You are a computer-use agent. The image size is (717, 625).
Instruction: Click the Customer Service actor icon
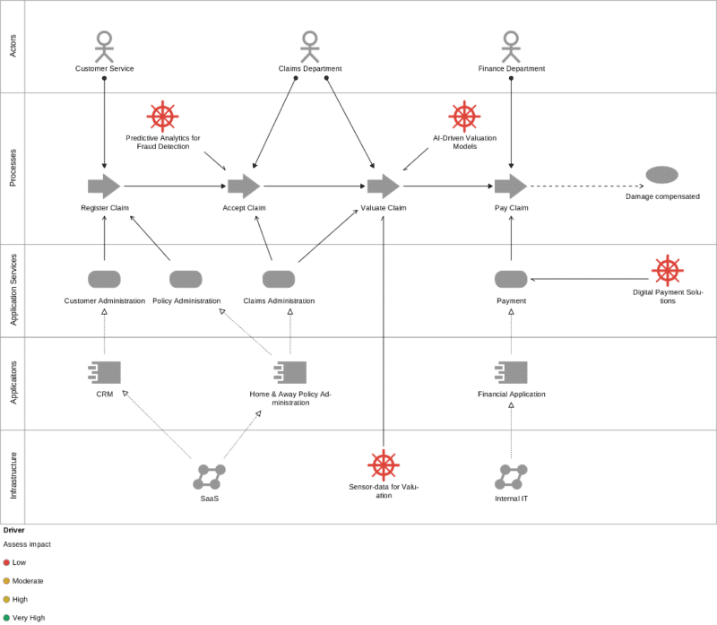click(x=104, y=47)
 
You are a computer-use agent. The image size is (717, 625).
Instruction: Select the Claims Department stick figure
click(x=310, y=47)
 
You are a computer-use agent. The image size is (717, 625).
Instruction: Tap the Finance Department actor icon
click(x=511, y=47)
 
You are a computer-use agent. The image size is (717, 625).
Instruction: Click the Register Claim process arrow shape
click(x=104, y=187)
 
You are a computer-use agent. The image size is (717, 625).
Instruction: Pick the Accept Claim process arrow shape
click(x=244, y=187)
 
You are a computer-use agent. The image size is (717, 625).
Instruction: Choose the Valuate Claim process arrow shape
click(x=384, y=187)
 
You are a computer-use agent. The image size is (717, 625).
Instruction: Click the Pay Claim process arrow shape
click(x=511, y=187)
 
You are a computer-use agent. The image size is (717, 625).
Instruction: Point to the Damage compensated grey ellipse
click(x=661, y=175)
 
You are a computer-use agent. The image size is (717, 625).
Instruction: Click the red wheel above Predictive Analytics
click(x=163, y=117)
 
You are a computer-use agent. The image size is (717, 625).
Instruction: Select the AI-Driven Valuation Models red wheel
click(x=464, y=117)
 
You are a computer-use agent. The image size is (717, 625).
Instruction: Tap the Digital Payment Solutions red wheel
click(x=668, y=271)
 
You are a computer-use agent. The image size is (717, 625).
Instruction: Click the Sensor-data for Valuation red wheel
click(x=384, y=465)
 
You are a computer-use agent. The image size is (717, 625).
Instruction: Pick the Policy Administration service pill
click(x=186, y=279)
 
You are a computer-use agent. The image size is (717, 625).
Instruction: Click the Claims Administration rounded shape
click(x=279, y=279)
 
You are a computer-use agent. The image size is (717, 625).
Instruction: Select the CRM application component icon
click(x=104, y=372)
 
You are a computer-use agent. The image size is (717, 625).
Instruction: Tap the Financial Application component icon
click(x=511, y=372)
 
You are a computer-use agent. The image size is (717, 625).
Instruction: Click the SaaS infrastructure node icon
click(x=210, y=477)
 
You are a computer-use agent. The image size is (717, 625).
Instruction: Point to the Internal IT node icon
click(x=511, y=477)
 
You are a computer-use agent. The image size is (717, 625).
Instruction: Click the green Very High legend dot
click(x=6, y=618)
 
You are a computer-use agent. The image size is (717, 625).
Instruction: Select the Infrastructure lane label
click(x=13, y=476)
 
